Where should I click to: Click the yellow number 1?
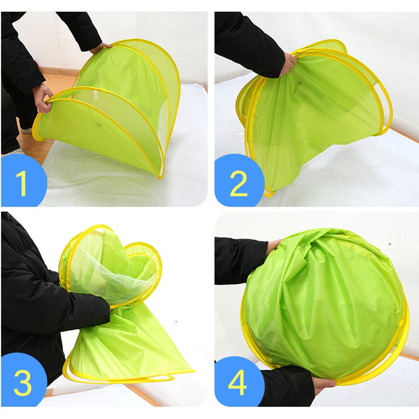point(22,183)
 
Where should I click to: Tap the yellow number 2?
point(239,184)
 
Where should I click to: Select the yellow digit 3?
point(23,382)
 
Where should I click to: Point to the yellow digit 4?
point(237,382)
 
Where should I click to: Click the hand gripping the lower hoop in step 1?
point(42,99)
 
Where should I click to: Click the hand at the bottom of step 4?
point(324,385)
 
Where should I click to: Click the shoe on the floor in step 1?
point(26,131)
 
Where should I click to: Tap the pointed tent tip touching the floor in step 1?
point(161,176)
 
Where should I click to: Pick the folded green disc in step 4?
point(325,304)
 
